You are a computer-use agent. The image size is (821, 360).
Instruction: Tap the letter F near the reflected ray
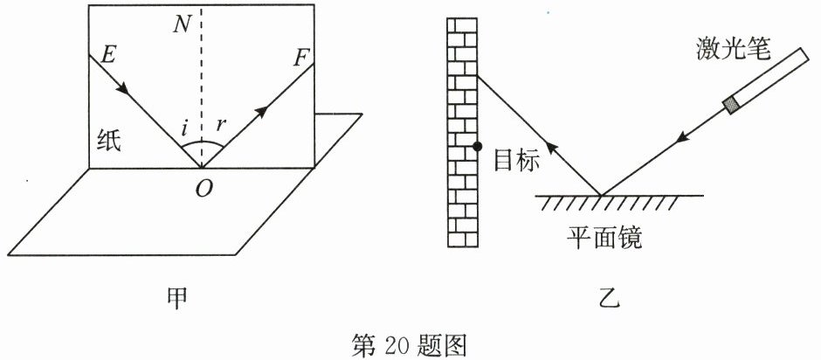pos(302,59)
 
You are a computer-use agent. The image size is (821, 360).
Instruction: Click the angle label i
pos(184,130)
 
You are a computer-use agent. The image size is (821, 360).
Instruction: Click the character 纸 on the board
pos(110,141)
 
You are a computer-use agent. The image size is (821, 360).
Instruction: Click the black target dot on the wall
pos(477,147)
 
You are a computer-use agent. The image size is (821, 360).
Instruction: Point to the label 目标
pos(515,159)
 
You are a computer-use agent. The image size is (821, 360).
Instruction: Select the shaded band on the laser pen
pos(730,106)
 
